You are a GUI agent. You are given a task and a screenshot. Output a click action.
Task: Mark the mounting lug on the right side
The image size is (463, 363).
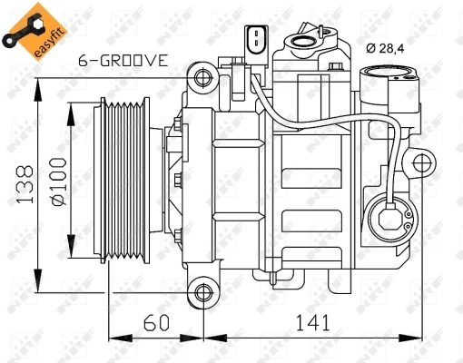[422, 164]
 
